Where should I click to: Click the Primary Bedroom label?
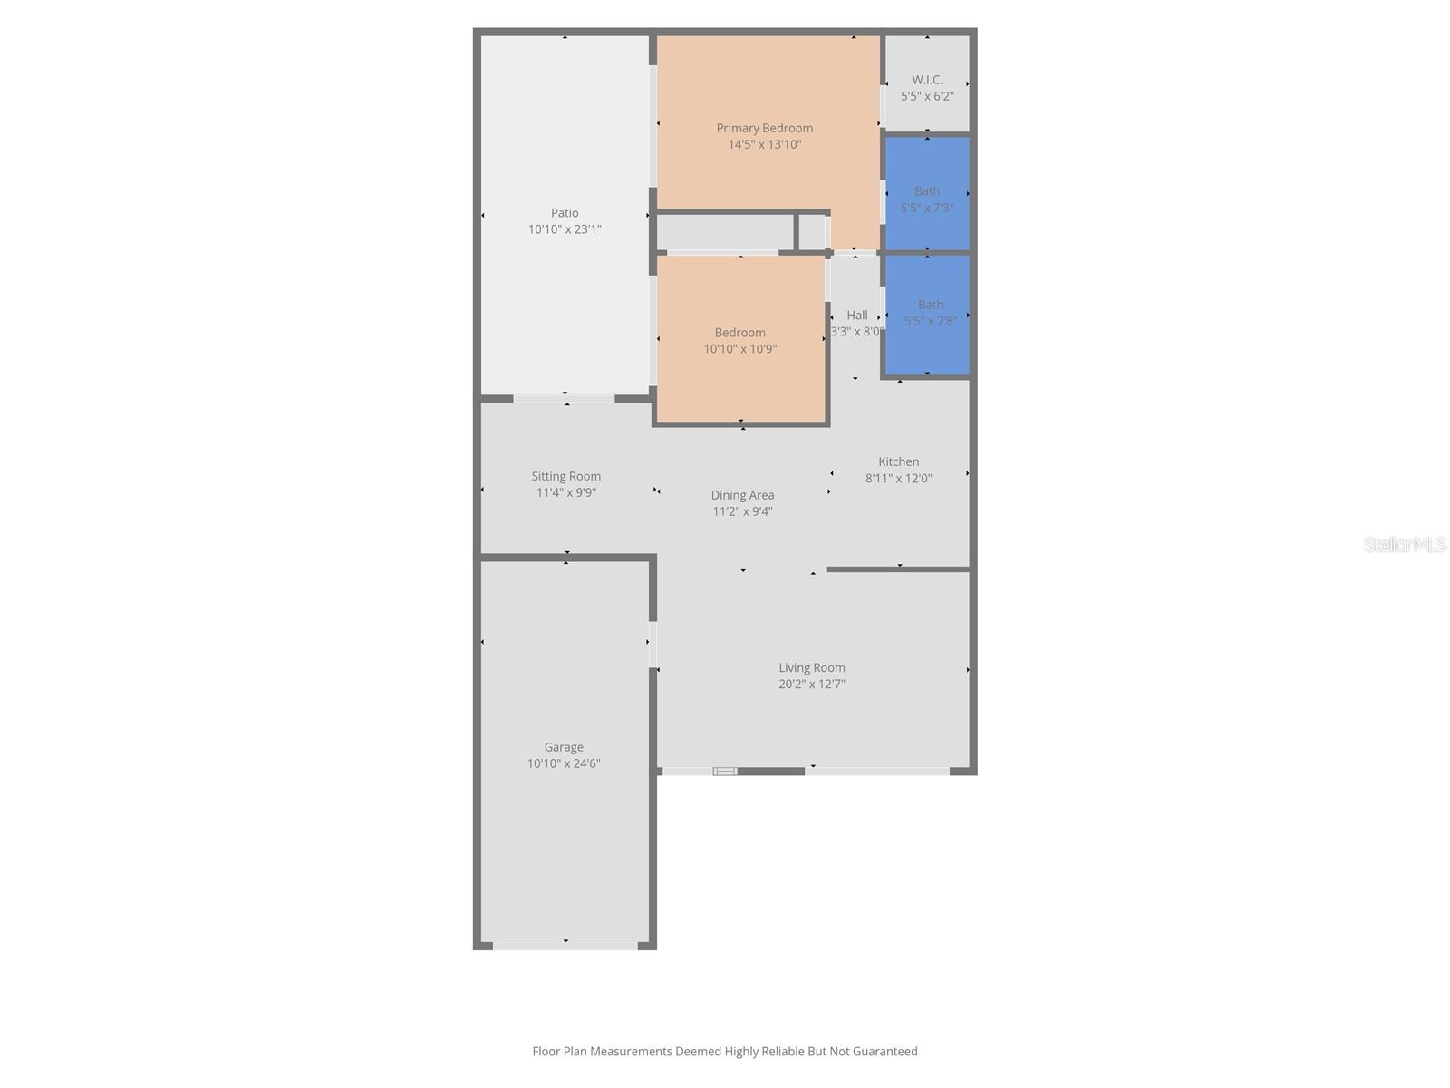click(764, 128)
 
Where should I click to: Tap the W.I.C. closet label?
click(927, 80)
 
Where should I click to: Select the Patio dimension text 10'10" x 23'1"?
click(565, 229)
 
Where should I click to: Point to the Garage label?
click(564, 747)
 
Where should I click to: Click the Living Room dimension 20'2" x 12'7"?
click(811, 685)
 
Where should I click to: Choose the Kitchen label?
click(898, 461)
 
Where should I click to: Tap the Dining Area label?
click(742, 495)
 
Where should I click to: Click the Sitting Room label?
click(566, 477)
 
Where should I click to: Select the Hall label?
click(856, 316)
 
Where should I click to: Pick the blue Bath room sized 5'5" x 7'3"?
click(927, 193)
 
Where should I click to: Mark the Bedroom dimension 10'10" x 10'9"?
click(739, 349)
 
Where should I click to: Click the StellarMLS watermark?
click(1405, 545)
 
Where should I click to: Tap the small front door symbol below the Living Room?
click(725, 772)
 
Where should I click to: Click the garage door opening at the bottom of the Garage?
click(565, 946)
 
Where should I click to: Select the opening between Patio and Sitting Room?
click(565, 399)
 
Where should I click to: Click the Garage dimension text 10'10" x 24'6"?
click(564, 763)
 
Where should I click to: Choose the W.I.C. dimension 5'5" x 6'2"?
click(927, 96)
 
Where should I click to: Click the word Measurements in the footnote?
click(630, 1052)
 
